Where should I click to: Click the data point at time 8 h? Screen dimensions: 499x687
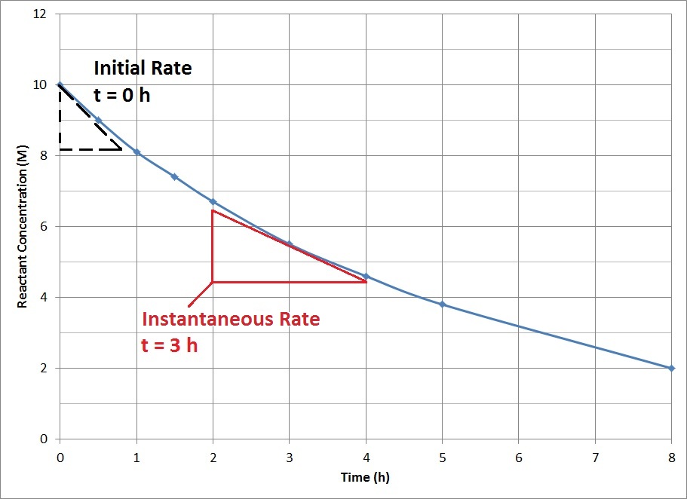671,368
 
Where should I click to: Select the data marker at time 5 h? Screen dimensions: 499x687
442,305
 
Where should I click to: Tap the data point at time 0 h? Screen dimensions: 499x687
60,84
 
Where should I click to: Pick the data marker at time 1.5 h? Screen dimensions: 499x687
174,176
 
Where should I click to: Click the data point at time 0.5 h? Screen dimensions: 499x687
98,120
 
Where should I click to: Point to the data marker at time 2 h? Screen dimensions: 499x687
213,201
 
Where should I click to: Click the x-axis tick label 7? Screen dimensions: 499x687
595,458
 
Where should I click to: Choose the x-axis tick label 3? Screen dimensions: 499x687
289,458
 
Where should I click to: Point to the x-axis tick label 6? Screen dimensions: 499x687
518,458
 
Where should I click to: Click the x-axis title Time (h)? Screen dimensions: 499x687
365,477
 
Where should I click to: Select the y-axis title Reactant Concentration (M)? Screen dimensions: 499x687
23,226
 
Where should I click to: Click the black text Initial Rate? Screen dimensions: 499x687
143,69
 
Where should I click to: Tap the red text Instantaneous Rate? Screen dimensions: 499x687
231,320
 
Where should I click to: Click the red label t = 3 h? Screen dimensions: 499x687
170,345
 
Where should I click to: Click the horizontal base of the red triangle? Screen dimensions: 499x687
289,282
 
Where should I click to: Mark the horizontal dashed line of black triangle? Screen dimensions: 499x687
90,149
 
